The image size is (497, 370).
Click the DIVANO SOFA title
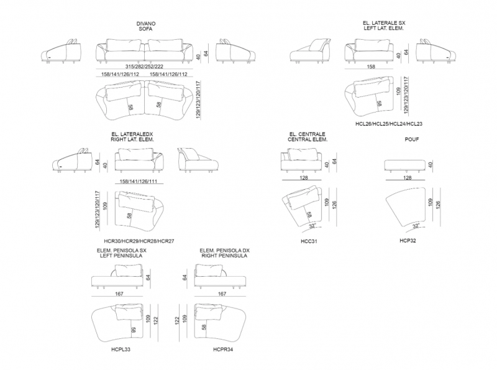click(x=146, y=26)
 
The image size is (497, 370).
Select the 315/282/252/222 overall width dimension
click(x=144, y=67)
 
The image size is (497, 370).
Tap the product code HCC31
click(x=309, y=241)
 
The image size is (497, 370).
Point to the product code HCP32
click(x=408, y=241)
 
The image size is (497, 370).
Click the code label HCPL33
click(x=121, y=349)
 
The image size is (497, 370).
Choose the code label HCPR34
click(x=223, y=349)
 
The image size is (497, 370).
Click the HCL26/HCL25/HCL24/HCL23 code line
click(x=389, y=124)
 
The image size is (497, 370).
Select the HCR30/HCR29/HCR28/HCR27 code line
click(x=139, y=241)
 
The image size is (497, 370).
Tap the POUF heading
click(x=412, y=139)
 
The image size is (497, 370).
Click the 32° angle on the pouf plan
click(x=416, y=226)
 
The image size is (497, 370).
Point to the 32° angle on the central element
click(x=313, y=226)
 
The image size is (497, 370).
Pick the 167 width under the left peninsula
click(x=119, y=294)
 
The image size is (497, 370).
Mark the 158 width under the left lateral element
click(x=371, y=67)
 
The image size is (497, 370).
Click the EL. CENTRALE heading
click(x=307, y=134)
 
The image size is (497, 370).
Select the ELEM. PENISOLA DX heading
click(x=225, y=251)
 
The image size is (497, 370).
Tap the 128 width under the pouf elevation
click(x=408, y=178)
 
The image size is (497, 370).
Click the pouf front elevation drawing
click(x=405, y=166)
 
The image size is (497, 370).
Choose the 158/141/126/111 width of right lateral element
click(x=138, y=182)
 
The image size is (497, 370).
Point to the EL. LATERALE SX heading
click(x=384, y=23)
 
